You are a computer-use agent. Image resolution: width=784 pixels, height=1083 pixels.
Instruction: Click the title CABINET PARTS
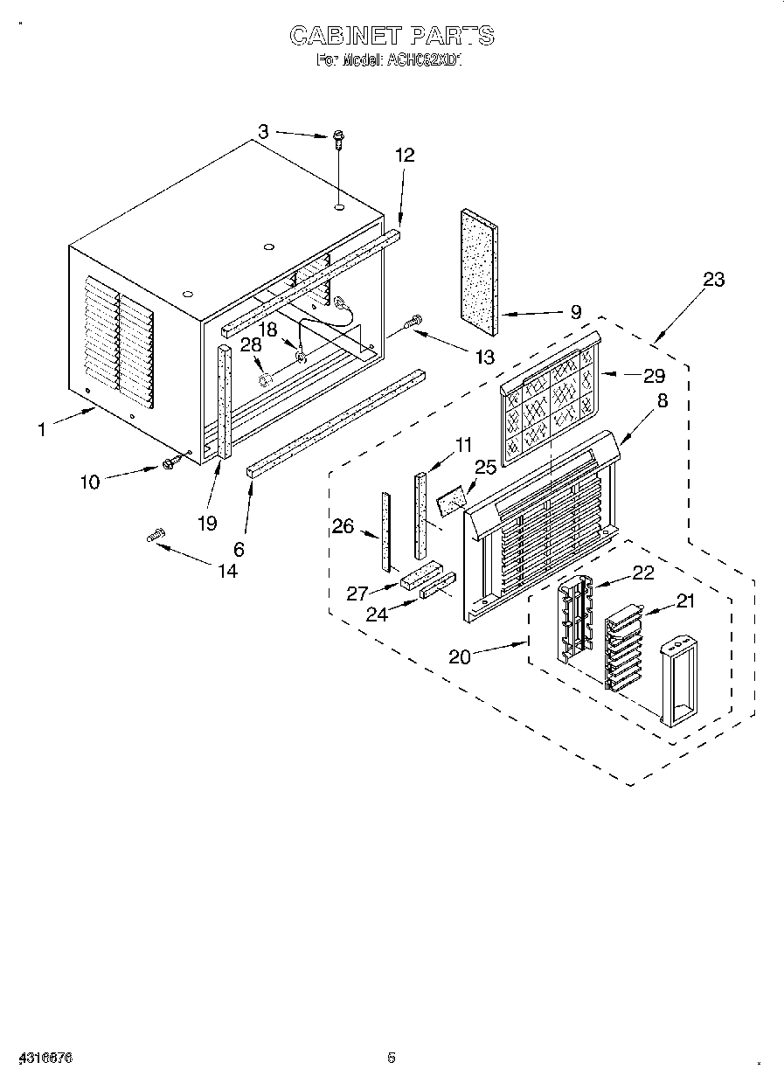click(392, 36)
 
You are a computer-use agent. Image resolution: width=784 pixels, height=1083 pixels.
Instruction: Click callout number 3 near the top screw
click(262, 131)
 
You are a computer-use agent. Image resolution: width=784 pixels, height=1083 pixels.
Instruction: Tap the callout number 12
click(405, 155)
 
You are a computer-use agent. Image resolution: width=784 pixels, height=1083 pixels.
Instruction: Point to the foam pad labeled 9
click(479, 271)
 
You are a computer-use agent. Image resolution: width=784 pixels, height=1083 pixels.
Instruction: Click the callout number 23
click(713, 280)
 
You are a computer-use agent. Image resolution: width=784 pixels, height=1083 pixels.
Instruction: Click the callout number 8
click(662, 402)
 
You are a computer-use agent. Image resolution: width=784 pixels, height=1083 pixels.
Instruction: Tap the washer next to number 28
click(266, 379)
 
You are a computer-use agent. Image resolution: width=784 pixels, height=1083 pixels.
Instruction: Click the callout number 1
click(41, 429)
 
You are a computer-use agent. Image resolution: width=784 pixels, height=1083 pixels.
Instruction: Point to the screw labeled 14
click(157, 536)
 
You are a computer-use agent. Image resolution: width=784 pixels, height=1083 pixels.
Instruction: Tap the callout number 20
click(459, 656)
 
